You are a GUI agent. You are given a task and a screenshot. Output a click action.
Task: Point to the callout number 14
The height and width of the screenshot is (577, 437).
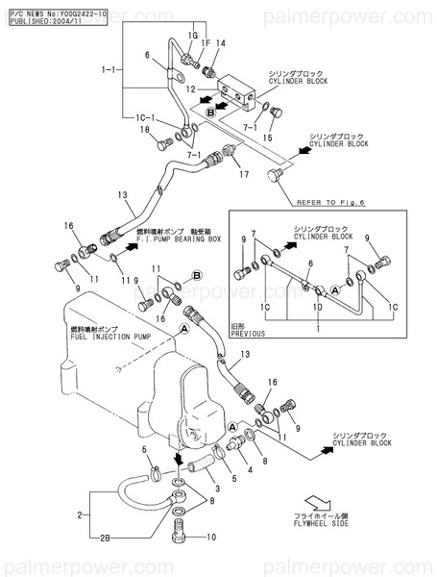click(220, 43)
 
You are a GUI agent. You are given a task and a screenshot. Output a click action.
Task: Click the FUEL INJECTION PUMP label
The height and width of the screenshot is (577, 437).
click(108, 339)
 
